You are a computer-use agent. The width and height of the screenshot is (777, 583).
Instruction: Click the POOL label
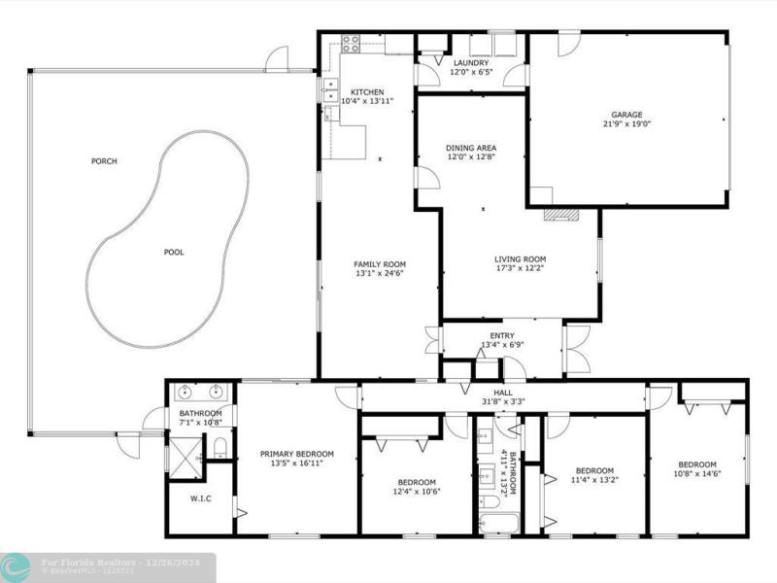[x=173, y=253]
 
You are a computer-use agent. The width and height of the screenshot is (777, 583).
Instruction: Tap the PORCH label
[x=104, y=161]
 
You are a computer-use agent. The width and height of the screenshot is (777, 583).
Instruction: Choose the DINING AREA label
[x=471, y=147]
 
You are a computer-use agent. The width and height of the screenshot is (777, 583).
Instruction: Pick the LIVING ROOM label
[x=521, y=258]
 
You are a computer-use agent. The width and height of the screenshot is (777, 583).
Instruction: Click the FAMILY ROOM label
[x=380, y=264]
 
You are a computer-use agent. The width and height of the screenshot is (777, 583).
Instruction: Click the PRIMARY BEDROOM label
[x=296, y=454]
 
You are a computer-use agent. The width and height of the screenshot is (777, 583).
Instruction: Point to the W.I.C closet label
[x=201, y=499]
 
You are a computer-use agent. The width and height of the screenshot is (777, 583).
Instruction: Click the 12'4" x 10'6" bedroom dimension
[x=417, y=493]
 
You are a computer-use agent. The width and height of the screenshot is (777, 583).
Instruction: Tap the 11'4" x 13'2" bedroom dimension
[x=593, y=479]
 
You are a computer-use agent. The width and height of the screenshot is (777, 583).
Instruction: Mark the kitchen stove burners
[x=351, y=44]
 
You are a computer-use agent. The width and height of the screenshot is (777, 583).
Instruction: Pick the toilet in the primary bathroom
[x=220, y=448]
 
